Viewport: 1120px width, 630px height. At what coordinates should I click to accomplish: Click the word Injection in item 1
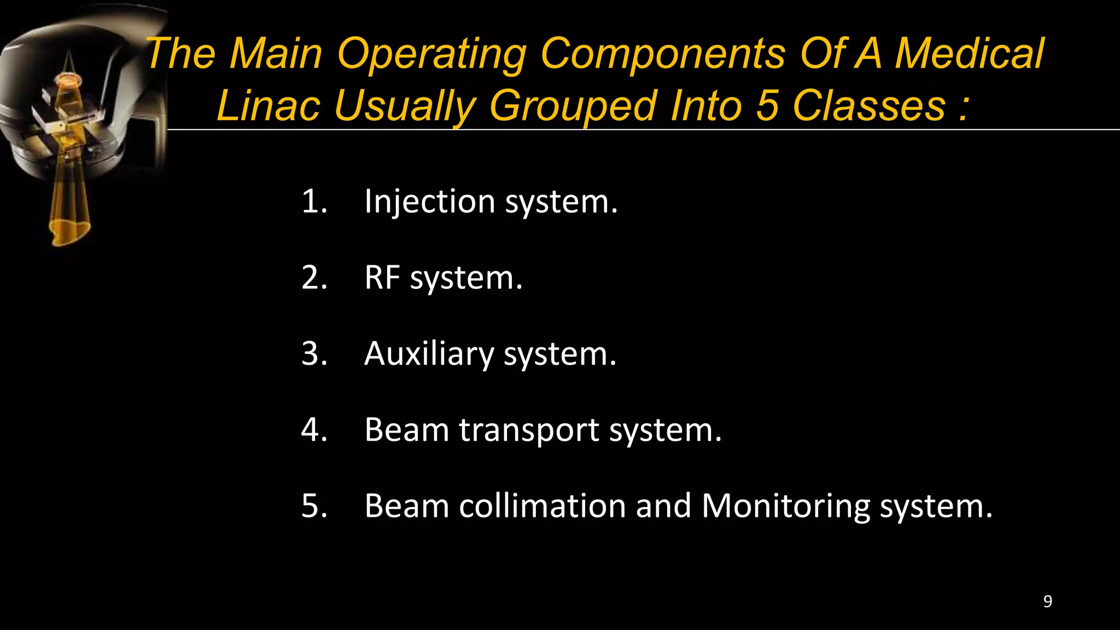[x=429, y=202]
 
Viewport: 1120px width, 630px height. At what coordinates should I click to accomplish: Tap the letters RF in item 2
[x=382, y=278]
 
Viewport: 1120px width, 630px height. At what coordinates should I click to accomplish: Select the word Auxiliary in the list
[x=428, y=354]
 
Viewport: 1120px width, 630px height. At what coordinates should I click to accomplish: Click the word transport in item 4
[x=529, y=430]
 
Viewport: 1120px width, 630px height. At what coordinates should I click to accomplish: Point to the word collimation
[x=542, y=506]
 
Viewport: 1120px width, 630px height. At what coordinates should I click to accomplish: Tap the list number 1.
[x=314, y=202]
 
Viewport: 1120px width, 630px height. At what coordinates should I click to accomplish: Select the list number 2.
[x=314, y=278]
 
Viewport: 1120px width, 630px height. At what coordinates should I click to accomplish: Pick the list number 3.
[x=314, y=354]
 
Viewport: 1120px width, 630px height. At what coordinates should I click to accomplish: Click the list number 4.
[x=314, y=430]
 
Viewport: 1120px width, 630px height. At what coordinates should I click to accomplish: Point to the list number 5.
[x=314, y=506]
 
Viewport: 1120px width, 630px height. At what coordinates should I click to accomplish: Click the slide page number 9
[x=1047, y=602]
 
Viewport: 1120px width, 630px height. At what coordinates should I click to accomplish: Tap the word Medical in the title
[x=970, y=54]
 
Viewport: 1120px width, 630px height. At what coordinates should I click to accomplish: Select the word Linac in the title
[x=268, y=106]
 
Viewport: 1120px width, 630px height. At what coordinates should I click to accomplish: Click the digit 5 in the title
[x=767, y=106]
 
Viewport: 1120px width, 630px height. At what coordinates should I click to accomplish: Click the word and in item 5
[x=663, y=506]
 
